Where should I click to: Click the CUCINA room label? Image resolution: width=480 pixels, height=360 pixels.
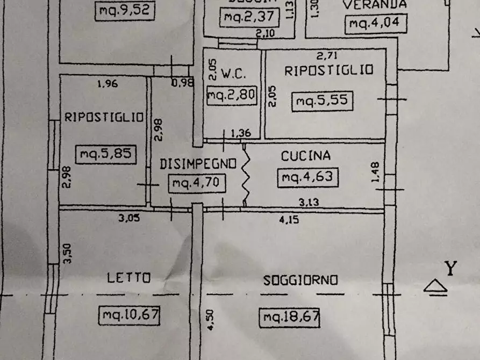pyautogui.click(x=306, y=156)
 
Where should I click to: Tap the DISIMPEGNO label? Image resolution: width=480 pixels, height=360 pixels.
pyautogui.click(x=198, y=164)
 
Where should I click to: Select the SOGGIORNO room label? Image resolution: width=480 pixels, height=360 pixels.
pyautogui.click(x=300, y=280)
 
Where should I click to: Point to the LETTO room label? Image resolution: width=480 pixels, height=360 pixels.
pyautogui.click(x=128, y=278)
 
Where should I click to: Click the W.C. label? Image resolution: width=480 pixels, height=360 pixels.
pyautogui.click(x=233, y=73)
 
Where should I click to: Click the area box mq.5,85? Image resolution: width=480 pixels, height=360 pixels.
pyautogui.click(x=105, y=155)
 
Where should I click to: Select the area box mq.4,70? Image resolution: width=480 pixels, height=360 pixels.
pyautogui.click(x=196, y=184)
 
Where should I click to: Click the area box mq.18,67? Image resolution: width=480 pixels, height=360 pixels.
pyautogui.click(x=289, y=318)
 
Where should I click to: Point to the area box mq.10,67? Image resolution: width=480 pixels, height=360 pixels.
pyautogui.click(x=130, y=314)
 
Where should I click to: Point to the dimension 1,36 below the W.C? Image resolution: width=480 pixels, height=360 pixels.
pyautogui.click(x=240, y=133)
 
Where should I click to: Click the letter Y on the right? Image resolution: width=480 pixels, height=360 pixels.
pyautogui.click(x=450, y=268)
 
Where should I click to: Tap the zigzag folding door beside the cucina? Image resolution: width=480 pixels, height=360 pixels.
pyautogui.click(x=245, y=174)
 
